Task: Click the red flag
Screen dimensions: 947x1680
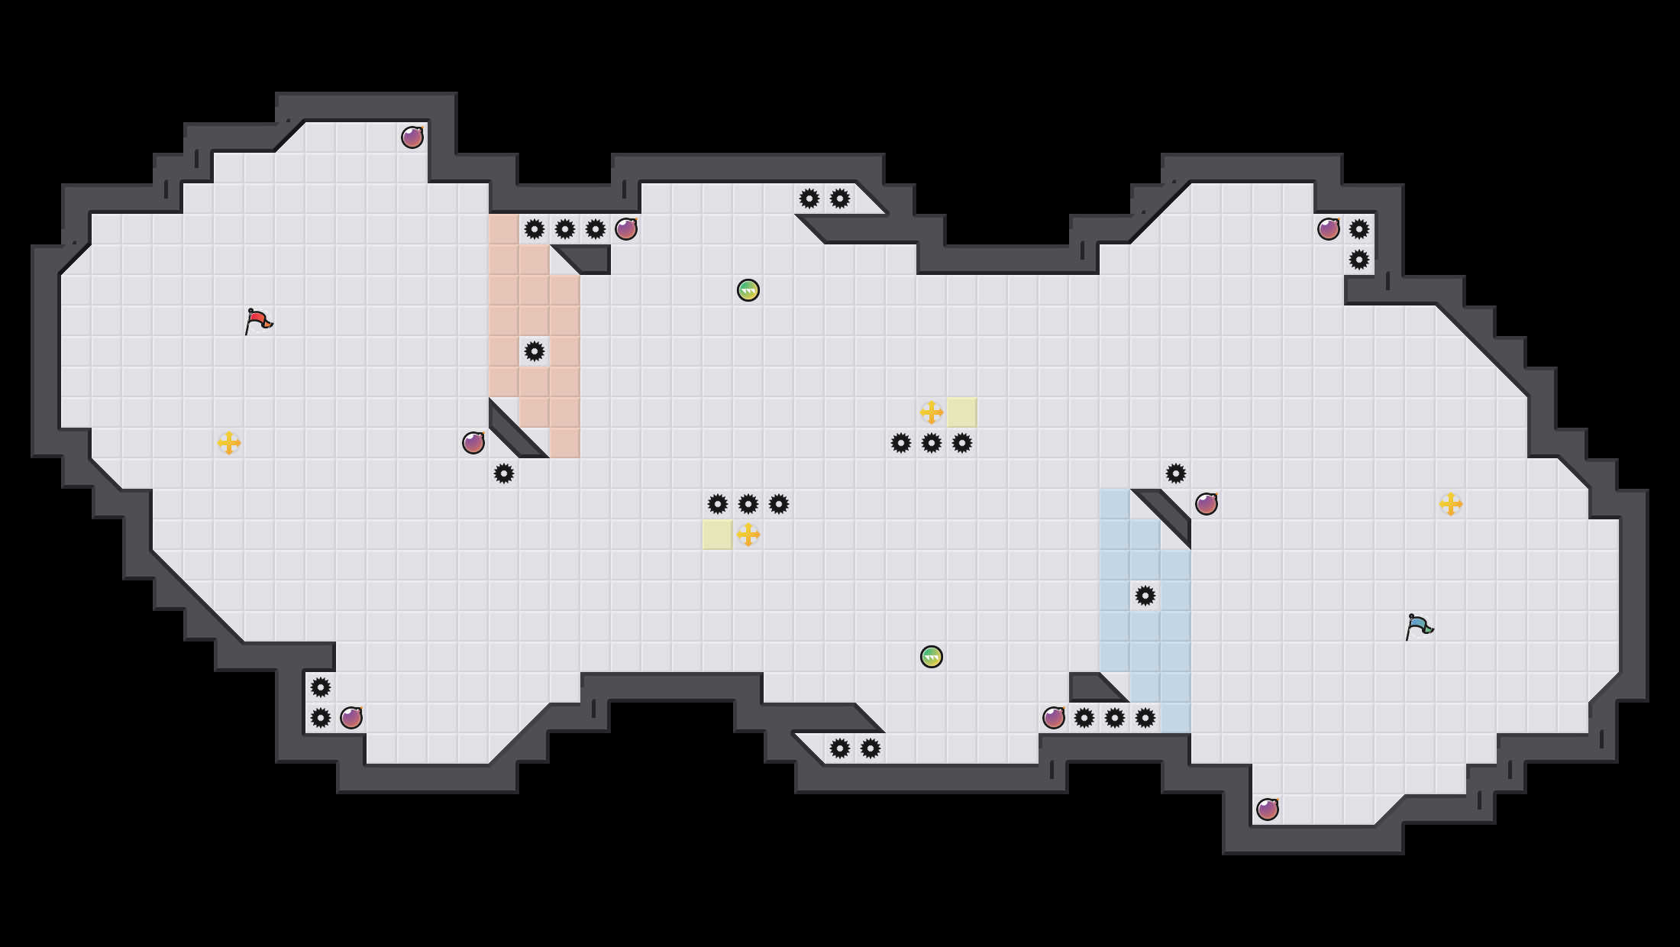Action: click(x=258, y=321)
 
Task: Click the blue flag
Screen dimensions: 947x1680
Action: click(x=1419, y=626)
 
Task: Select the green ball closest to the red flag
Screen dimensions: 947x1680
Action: click(x=748, y=290)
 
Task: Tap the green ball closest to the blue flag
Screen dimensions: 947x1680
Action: click(x=932, y=657)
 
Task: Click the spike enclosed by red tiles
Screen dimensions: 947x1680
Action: click(x=535, y=351)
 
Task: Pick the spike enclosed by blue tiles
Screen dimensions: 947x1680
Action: click(x=1145, y=596)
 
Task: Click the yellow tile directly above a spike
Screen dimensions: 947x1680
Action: click(x=962, y=412)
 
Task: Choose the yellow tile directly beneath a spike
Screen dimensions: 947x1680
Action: click(x=718, y=535)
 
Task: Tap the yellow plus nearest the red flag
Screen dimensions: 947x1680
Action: click(x=229, y=443)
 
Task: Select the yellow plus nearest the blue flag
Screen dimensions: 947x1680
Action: click(x=1451, y=504)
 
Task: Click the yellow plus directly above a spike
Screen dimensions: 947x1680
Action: click(x=932, y=412)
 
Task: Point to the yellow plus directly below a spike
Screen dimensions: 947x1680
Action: click(x=748, y=535)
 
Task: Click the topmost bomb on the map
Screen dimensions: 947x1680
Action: click(x=412, y=137)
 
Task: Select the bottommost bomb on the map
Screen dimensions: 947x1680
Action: click(x=1268, y=810)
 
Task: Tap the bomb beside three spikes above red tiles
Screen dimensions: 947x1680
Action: click(x=626, y=229)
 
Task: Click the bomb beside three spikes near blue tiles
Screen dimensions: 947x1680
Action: click(x=1054, y=718)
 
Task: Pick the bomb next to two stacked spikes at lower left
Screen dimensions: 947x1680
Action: click(x=351, y=718)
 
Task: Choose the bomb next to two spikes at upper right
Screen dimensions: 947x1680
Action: click(x=1329, y=229)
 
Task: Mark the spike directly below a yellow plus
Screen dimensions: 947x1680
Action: click(x=932, y=443)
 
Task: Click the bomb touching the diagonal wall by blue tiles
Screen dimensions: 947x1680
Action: click(x=1207, y=504)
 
